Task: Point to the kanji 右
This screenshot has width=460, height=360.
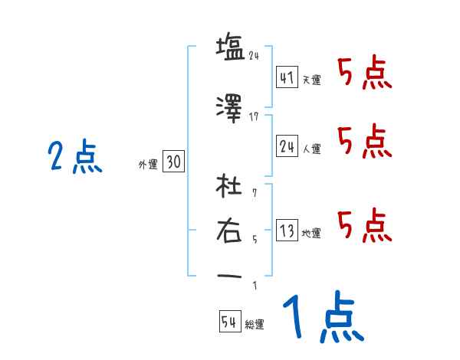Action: coord(230,230)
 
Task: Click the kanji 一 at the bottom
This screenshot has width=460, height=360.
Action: coord(230,276)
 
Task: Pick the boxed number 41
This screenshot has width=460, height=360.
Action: coord(287,77)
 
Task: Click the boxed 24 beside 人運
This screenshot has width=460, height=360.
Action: coord(287,146)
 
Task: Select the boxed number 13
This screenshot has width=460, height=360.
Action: coord(287,231)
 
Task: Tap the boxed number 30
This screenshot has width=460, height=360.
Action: coord(173,162)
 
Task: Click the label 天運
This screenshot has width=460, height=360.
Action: coord(311,80)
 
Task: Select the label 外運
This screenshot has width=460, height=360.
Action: coord(147,164)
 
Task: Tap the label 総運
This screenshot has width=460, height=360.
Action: coord(255,325)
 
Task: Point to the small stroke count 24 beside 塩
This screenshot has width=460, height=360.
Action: coord(255,54)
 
